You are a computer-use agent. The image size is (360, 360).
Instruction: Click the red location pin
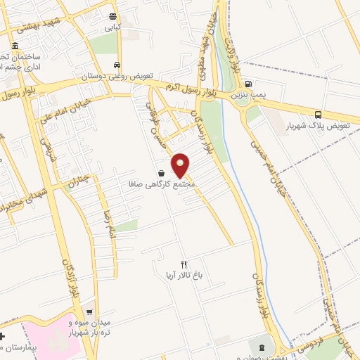coord(181,165)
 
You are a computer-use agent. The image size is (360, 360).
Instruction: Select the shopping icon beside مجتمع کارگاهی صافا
coord(162,173)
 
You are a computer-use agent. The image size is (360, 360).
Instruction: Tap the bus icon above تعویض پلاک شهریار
coord(319,114)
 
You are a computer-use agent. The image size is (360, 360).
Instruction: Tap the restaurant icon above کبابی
coord(113,16)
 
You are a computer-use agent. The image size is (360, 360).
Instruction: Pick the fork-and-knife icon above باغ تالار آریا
coord(184,264)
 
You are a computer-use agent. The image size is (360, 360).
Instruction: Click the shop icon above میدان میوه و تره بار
coord(89,311)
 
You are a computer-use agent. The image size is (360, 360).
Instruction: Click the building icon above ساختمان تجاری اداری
coord(15,46)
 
